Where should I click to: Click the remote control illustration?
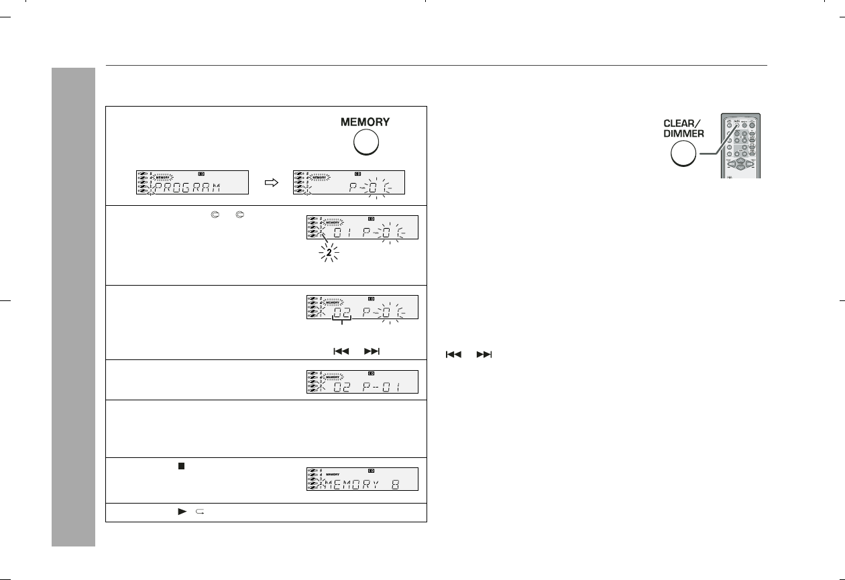click(740, 146)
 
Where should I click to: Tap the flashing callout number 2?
click(329, 254)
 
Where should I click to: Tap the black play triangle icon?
click(181, 512)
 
